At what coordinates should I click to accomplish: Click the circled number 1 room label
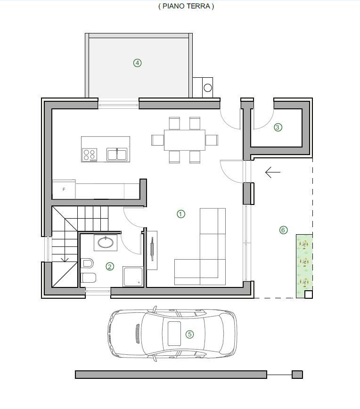click(x=181, y=214)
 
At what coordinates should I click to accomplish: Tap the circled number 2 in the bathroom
click(x=110, y=266)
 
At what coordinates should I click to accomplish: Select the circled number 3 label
click(x=278, y=127)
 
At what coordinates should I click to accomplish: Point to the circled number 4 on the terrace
click(x=138, y=63)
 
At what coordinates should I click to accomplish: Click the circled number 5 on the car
click(x=189, y=334)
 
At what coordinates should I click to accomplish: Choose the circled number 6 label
click(x=283, y=230)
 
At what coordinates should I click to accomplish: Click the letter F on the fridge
click(x=64, y=189)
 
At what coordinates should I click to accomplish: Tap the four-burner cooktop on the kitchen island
click(x=90, y=155)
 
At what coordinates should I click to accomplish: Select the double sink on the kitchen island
click(x=117, y=154)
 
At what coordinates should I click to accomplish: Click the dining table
click(x=185, y=140)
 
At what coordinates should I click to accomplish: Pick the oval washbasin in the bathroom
click(x=106, y=243)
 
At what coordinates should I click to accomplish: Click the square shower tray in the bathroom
click(x=133, y=276)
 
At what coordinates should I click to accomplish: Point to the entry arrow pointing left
click(x=273, y=172)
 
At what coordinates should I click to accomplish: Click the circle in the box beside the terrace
click(x=208, y=88)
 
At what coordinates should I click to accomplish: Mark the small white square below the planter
click(x=309, y=294)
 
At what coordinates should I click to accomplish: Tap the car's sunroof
click(x=174, y=334)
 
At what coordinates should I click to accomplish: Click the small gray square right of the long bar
click(x=297, y=375)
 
